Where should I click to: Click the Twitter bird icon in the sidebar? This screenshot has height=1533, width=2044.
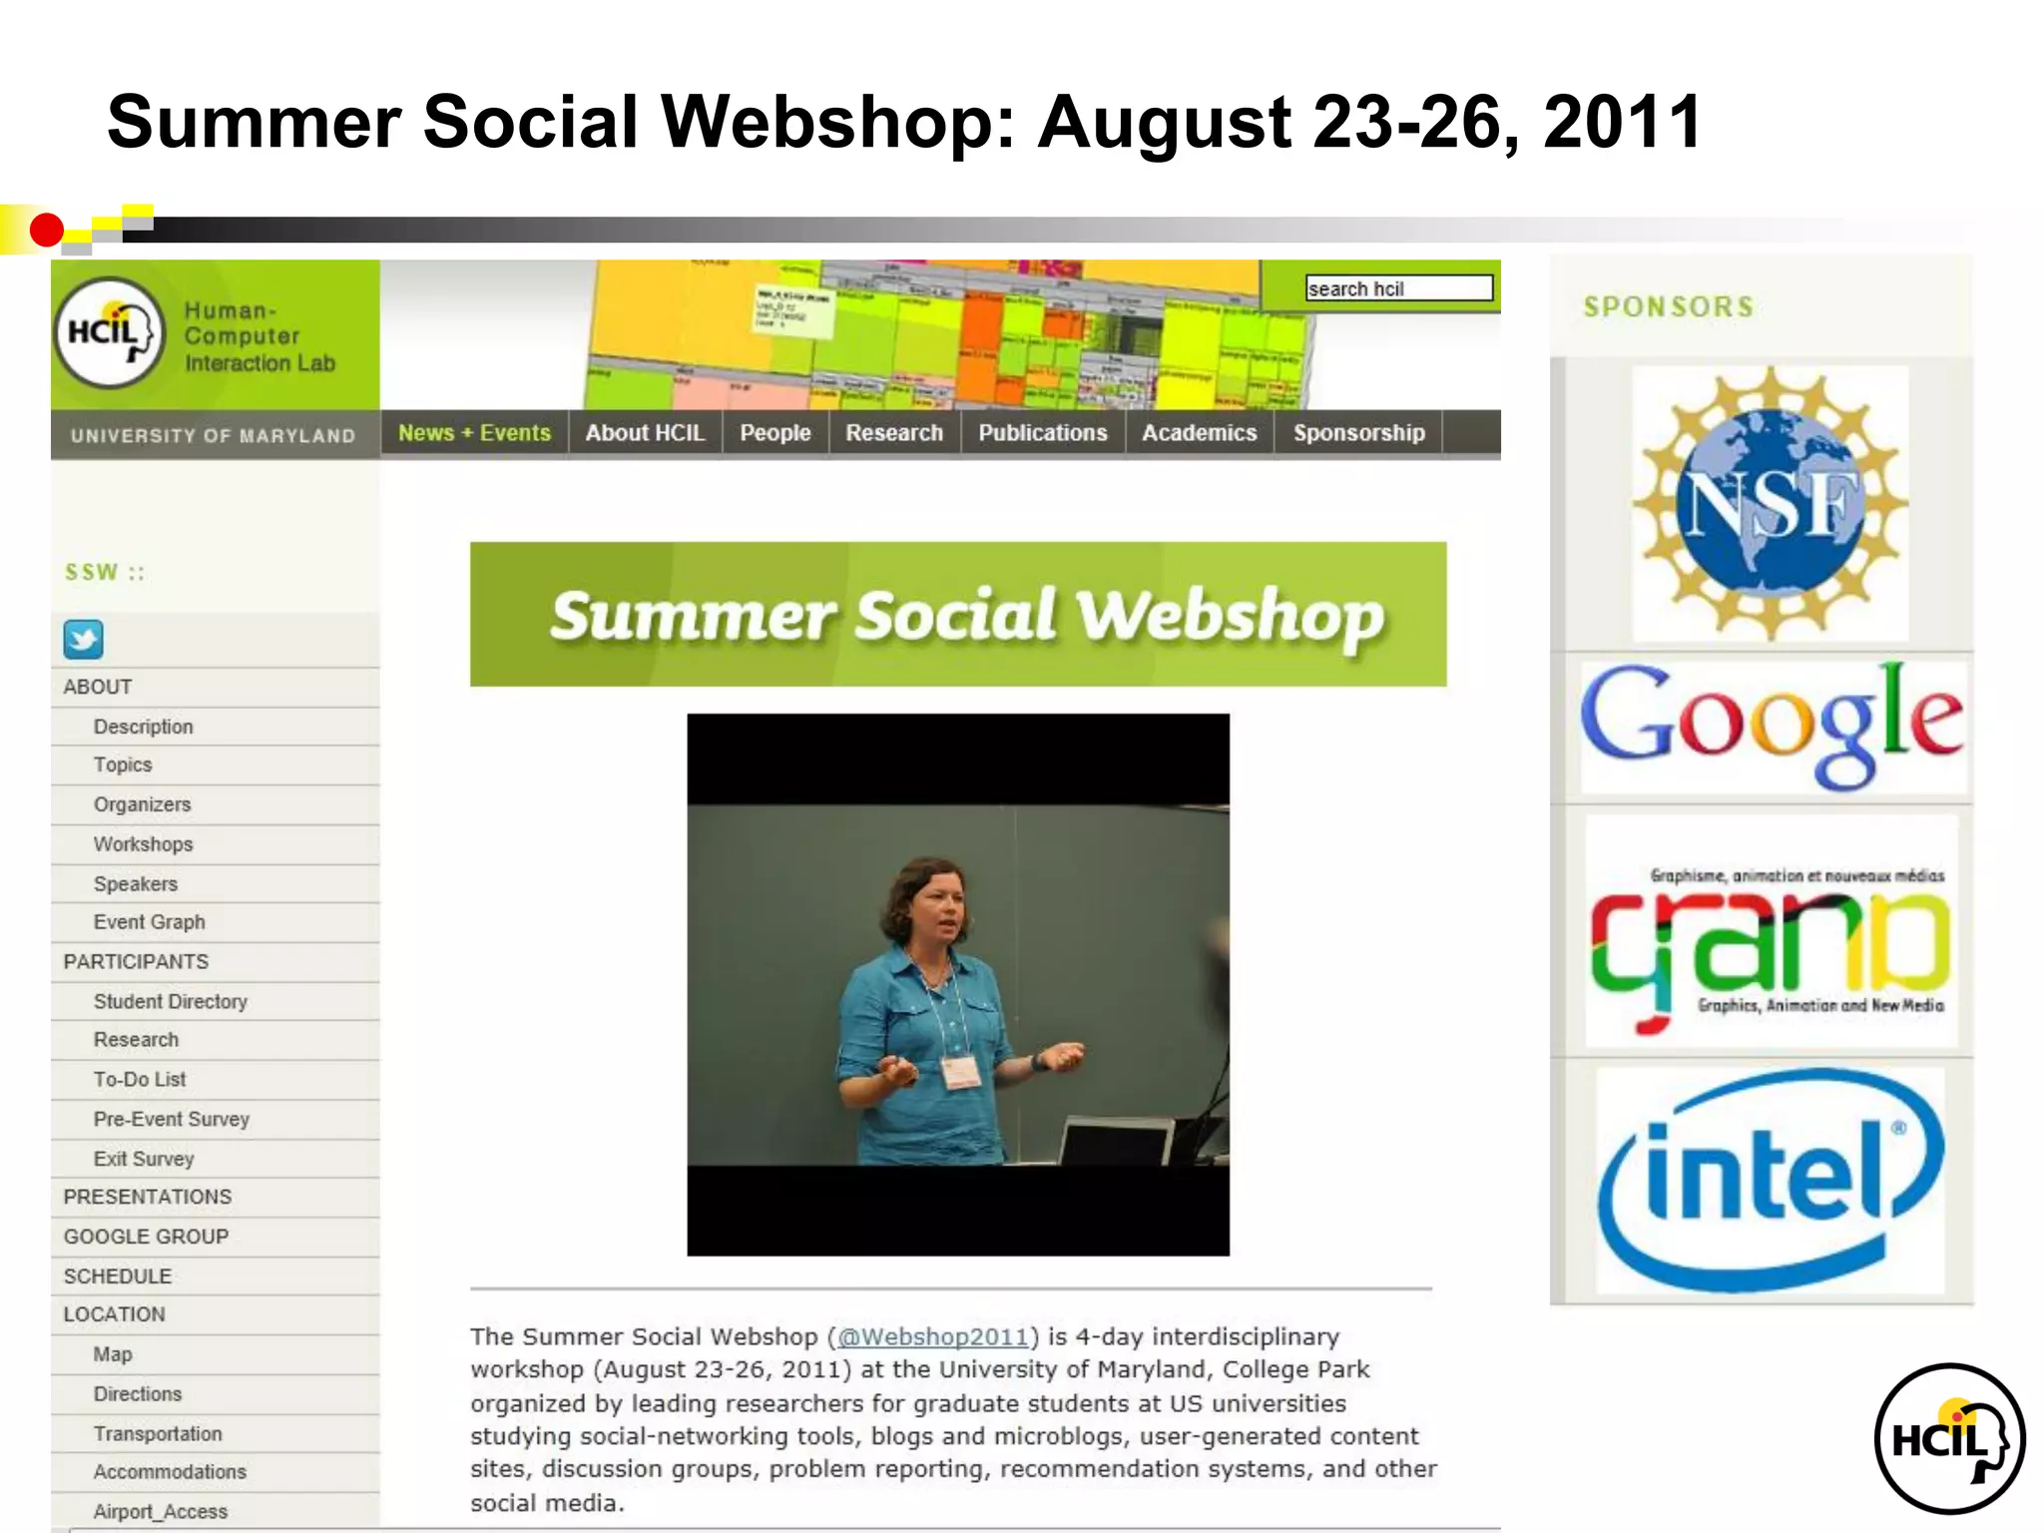[83, 640]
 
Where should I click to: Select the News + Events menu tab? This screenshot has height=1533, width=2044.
[474, 433]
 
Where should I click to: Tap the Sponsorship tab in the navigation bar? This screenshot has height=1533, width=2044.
[1358, 433]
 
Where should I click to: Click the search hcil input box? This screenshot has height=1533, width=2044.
[1398, 288]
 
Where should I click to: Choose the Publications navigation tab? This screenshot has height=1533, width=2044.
[1042, 433]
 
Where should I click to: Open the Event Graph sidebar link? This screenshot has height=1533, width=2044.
[149, 922]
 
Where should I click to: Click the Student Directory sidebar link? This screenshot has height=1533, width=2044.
[170, 1001]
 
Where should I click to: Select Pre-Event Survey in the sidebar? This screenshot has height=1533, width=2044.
[171, 1119]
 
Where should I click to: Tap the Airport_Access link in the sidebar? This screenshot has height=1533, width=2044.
[160, 1511]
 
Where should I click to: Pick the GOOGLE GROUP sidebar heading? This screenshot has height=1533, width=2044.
[146, 1237]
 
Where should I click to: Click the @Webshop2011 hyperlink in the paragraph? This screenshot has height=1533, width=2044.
[933, 1336]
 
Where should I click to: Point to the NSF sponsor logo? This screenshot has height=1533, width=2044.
[1770, 503]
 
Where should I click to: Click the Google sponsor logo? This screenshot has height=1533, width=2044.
[1772, 726]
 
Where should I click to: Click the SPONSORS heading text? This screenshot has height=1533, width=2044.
[1668, 306]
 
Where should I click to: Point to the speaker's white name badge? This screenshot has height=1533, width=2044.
[960, 1073]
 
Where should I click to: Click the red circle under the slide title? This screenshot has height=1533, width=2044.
[46, 231]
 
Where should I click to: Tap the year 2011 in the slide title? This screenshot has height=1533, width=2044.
[1622, 122]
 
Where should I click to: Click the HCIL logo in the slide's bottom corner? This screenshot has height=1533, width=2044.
[1949, 1438]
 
